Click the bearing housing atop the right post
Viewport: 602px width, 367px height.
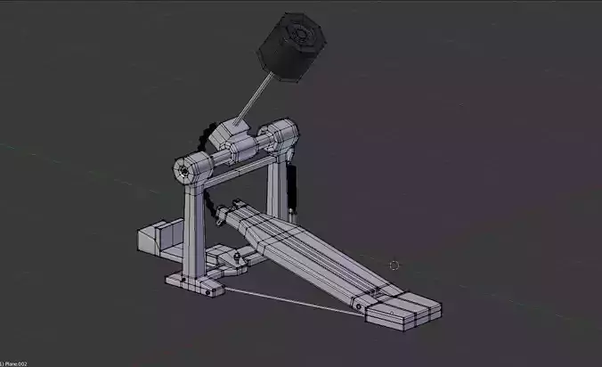(x=286, y=139)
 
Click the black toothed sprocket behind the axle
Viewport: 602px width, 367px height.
(x=212, y=137)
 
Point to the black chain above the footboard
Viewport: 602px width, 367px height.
(x=212, y=206)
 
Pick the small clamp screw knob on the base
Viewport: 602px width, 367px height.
(x=239, y=258)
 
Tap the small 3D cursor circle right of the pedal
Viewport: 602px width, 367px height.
(x=395, y=265)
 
